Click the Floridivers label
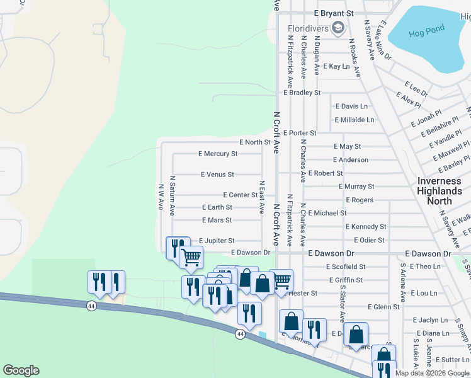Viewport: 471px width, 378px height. pos(309,29)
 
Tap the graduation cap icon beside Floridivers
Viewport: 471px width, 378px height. pos(338,28)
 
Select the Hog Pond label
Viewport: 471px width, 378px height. pos(426,29)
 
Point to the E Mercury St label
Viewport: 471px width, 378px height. pos(218,154)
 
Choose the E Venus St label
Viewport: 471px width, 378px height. pos(217,175)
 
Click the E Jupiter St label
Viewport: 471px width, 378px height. pos(217,241)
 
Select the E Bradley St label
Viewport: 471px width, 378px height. pos(302,93)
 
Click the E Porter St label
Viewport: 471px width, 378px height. pos(300,134)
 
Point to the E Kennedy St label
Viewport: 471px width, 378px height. pos(366,227)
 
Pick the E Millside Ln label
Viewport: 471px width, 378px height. pos(355,120)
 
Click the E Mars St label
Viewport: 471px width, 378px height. pos(217,220)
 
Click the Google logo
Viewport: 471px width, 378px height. pos(21,370)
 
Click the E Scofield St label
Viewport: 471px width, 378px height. pos(346,267)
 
